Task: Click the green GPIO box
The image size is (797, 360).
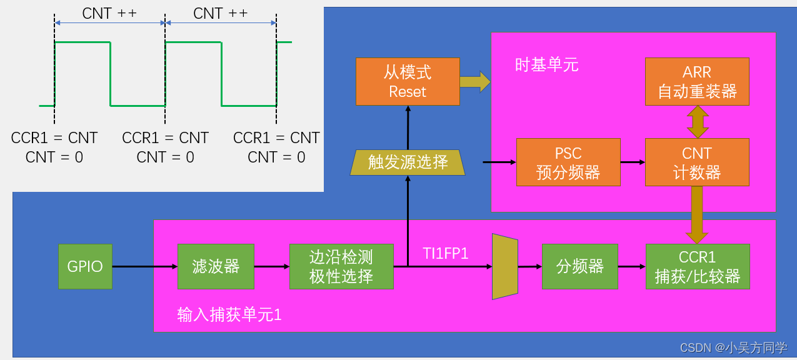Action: coord(85,266)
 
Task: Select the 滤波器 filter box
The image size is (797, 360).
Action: coord(216,266)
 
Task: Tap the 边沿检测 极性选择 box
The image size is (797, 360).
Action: coord(341,266)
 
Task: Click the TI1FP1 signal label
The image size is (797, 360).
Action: coord(446,253)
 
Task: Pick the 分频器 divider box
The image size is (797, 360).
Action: coord(579,266)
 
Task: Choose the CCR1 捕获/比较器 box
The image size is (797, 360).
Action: coord(697,266)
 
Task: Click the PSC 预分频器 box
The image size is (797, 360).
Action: coord(568,162)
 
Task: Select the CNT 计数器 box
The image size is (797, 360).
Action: coord(697,162)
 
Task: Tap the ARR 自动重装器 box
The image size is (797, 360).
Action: coord(697,81)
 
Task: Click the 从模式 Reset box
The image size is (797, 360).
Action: coord(408,81)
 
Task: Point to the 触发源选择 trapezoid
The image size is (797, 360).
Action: coord(408,162)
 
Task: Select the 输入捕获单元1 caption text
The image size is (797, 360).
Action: coord(229,314)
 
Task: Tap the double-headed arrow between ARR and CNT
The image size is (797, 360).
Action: coord(698,122)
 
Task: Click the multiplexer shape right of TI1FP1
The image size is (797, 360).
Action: coord(505,267)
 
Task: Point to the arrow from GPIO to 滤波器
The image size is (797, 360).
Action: coord(145,267)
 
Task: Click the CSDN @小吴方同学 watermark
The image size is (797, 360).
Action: coord(733,347)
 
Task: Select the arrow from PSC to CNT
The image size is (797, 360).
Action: coord(633,162)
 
